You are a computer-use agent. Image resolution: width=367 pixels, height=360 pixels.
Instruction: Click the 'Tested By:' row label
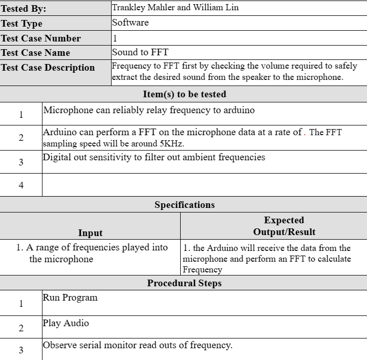click(x=24, y=9)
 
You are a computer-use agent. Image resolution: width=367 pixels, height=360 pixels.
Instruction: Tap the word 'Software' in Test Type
click(x=131, y=23)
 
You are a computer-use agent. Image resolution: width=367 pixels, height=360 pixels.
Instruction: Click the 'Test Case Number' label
click(x=41, y=38)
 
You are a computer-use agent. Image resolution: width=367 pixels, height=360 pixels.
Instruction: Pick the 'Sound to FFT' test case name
click(x=140, y=52)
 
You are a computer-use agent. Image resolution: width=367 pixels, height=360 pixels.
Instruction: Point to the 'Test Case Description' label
click(x=48, y=68)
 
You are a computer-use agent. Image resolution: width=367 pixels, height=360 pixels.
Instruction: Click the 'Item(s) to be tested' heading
click(x=184, y=94)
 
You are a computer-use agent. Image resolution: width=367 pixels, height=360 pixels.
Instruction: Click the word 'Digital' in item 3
click(x=58, y=157)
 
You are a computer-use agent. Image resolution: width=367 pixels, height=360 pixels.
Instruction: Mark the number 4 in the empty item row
click(x=21, y=185)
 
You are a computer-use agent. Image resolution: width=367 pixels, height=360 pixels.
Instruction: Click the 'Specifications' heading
click(x=184, y=205)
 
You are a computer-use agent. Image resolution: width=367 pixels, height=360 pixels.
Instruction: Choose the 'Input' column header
click(x=90, y=232)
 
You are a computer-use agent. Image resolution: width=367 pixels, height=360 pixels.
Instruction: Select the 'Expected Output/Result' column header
click(x=284, y=226)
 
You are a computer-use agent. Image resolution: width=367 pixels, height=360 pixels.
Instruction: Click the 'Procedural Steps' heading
click(x=184, y=283)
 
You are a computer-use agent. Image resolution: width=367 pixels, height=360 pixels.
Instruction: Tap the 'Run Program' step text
click(x=70, y=298)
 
